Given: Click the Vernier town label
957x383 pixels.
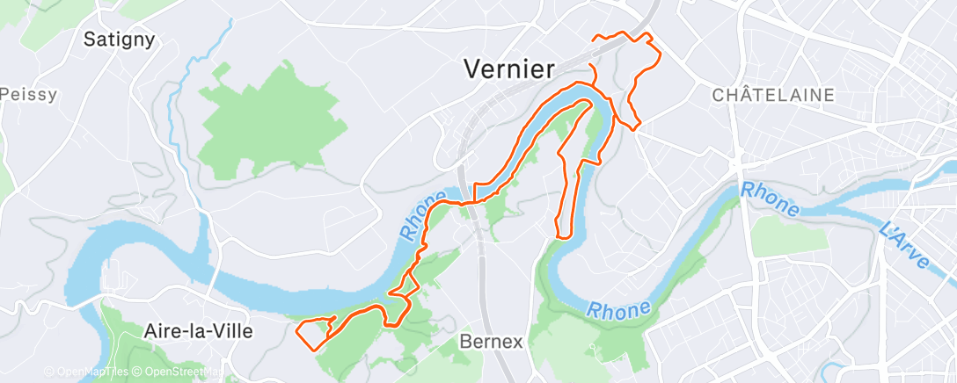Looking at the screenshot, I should click(509, 69).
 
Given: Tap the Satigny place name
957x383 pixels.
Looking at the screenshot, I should click(119, 39).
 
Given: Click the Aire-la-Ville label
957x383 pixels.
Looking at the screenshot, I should click(197, 332).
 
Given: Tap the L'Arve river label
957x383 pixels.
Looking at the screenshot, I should click(903, 245).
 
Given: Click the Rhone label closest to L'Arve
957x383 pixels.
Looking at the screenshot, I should click(770, 199).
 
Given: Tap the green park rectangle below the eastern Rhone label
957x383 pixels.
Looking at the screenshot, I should click(778, 235).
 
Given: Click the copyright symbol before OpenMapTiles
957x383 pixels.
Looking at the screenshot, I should click(48, 372).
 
